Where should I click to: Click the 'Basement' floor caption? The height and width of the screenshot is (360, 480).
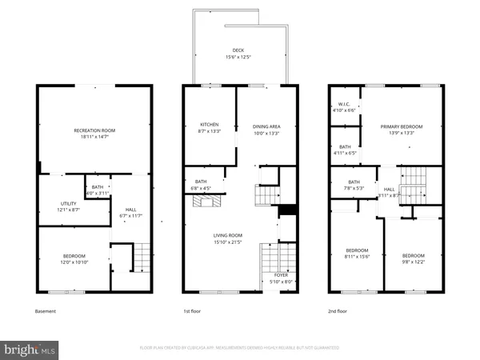[46, 311]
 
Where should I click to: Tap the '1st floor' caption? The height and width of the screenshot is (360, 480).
[193, 311]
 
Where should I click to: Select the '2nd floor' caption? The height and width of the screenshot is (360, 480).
[337, 311]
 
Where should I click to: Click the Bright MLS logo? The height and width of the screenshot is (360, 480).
[30, 349]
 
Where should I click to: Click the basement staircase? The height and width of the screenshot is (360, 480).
[141, 258]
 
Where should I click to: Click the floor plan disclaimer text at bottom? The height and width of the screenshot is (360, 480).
[239, 348]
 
